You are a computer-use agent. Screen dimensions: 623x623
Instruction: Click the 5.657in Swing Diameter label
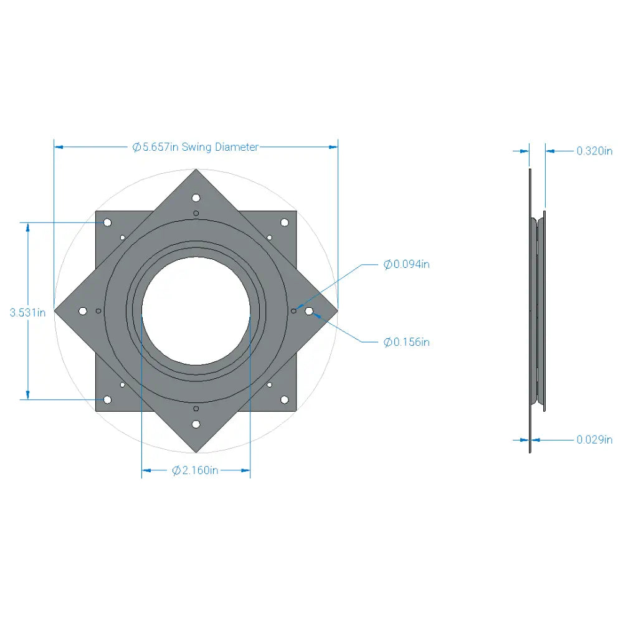[x=196, y=147]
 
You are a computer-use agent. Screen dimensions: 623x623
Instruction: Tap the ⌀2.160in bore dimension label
[x=195, y=470]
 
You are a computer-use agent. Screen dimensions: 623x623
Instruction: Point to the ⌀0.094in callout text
[x=406, y=264]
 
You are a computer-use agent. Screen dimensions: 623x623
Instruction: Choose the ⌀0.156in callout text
[x=406, y=342]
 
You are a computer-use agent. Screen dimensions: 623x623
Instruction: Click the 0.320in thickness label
[x=594, y=151]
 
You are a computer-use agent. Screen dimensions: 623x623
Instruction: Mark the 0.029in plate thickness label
[x=594, y=440]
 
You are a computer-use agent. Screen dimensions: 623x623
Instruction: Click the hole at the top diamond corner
[x=196, y=198]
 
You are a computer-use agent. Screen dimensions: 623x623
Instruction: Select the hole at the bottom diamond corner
[x=196, y=424]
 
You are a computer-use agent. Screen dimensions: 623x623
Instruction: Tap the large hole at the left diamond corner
[x=83, y=310]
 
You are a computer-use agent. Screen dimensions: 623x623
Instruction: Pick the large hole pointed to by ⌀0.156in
[x=309, y=310]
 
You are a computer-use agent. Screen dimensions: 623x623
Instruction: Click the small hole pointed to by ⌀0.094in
[x=294, y=310]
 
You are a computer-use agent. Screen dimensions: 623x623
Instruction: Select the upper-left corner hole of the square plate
[x=107, y=222]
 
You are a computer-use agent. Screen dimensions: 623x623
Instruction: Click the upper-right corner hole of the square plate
[x=284, y=222]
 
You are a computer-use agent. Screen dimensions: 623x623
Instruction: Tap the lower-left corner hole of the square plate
[x=107, y=399]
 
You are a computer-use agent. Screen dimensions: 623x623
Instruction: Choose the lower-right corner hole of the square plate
[x=284, y=399]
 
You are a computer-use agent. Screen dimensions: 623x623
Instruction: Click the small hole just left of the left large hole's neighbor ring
[x=98, y=310]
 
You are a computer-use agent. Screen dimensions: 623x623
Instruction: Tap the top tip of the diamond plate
[x=196, y=170]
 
